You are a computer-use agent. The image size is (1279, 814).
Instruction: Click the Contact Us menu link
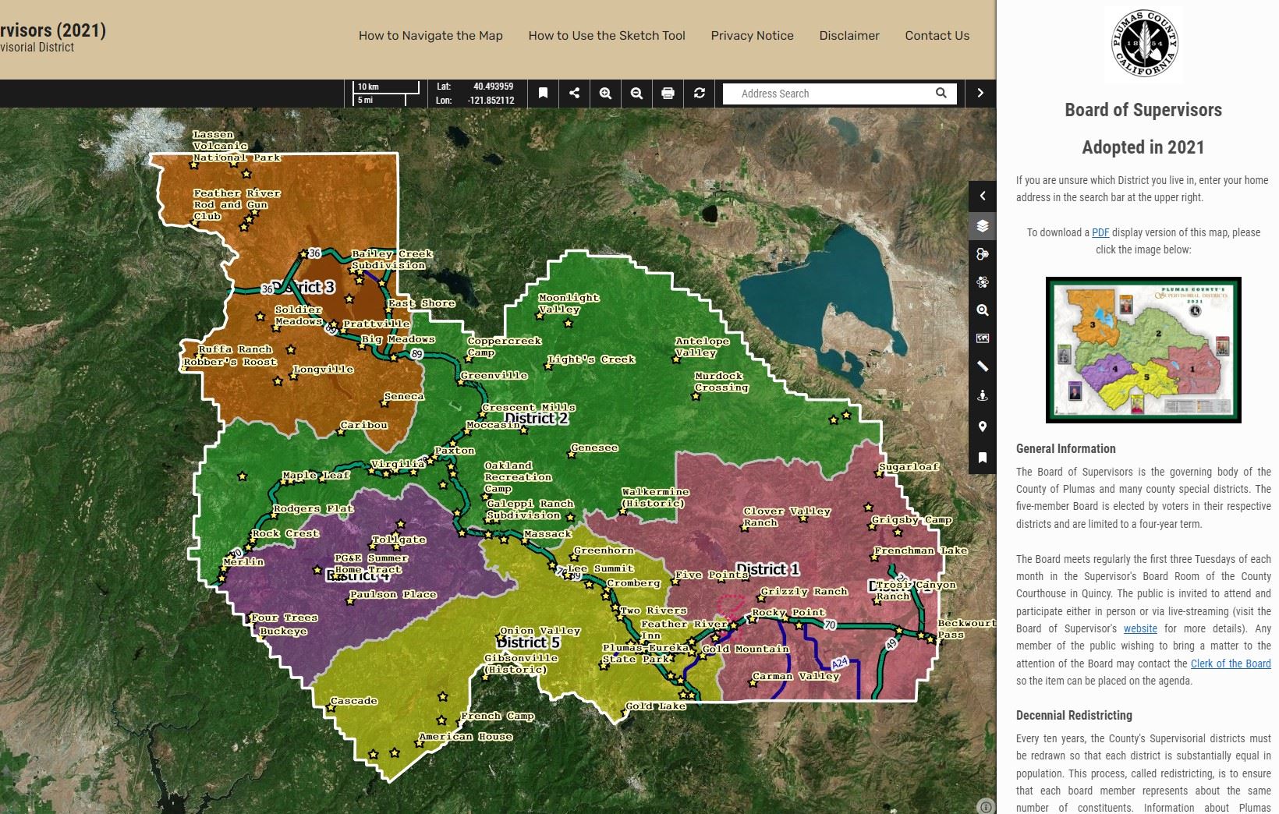(x=937, y=35)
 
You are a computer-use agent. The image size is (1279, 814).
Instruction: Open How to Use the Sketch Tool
(x=607, y=35)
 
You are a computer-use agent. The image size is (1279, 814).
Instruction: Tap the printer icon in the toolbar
(x=668, y=94)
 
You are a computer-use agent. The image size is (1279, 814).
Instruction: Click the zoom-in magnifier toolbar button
(x=605, y=94)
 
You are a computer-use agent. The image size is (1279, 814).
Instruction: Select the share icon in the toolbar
(x=574, y=94)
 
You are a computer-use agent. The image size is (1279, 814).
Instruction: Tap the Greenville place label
(x=494, y=376)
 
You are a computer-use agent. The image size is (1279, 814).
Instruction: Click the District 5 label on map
(x=528, y=642)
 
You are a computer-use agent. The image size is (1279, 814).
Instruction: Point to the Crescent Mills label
(x=528, y=408)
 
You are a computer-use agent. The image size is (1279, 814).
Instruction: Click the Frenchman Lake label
(x=919, y=550)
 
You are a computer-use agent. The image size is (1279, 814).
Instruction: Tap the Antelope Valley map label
(x=702, y=347)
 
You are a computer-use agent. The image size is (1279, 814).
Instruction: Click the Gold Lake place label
(x=656, y=706)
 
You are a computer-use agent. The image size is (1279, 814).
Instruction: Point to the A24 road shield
(x=839, y=664)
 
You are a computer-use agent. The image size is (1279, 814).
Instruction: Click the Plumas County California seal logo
(x=1143, y=44)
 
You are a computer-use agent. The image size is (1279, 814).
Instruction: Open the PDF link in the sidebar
(x=1100, y=232)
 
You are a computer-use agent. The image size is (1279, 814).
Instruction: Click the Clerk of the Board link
(x=1230, y=664)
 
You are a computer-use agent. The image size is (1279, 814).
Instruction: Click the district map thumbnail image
(x=1143, y=350)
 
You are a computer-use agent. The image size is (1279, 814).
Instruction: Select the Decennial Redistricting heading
(x=1073, y=715)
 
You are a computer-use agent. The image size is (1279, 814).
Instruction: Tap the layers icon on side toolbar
(x=983, y=226)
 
